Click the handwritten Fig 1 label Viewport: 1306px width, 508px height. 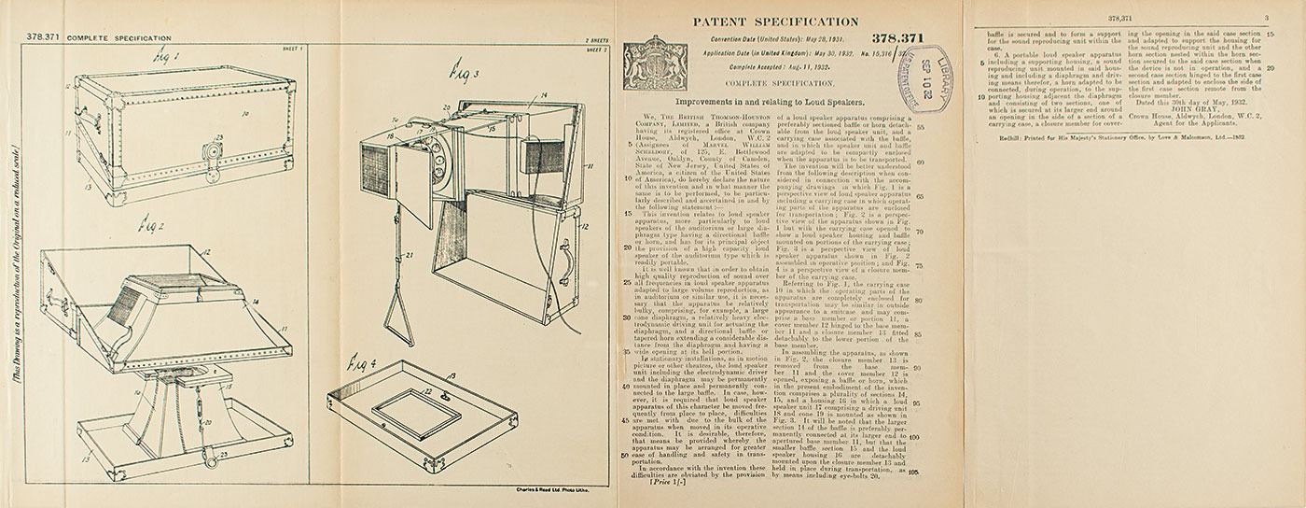click(168, 58)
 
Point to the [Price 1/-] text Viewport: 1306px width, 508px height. click(665, 484)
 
